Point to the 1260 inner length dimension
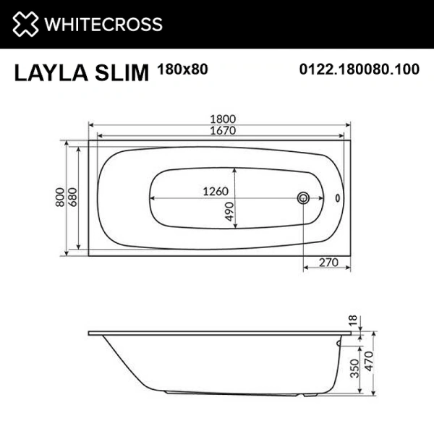tap(215, 192)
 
